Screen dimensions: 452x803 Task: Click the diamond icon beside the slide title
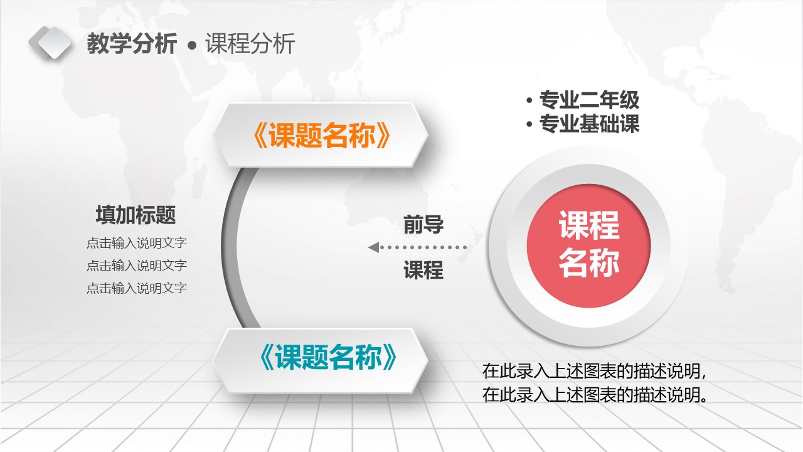coord(50,43)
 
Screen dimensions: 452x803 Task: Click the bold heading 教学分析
coord(132,45)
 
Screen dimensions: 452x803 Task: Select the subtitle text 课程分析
coord(250,45)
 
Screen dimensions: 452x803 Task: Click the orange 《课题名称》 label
coord(321,136)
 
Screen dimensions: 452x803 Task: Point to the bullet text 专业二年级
coord(589,100)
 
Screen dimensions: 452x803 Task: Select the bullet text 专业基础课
coord(589,124)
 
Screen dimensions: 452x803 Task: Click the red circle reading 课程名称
coord(588,245)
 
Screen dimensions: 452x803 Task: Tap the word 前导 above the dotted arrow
coord(423,224)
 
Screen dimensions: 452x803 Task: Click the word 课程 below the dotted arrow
coord(423,270)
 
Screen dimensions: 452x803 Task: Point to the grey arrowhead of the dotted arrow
coord(373,247)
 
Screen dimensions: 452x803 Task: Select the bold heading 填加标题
coord(136,215)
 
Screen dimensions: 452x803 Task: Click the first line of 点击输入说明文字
coord(137,243)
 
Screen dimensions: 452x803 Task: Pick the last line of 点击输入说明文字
coord(137,288)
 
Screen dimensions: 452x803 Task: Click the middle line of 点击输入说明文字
coord(137,266)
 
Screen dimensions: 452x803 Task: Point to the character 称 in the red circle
coord(605,263)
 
